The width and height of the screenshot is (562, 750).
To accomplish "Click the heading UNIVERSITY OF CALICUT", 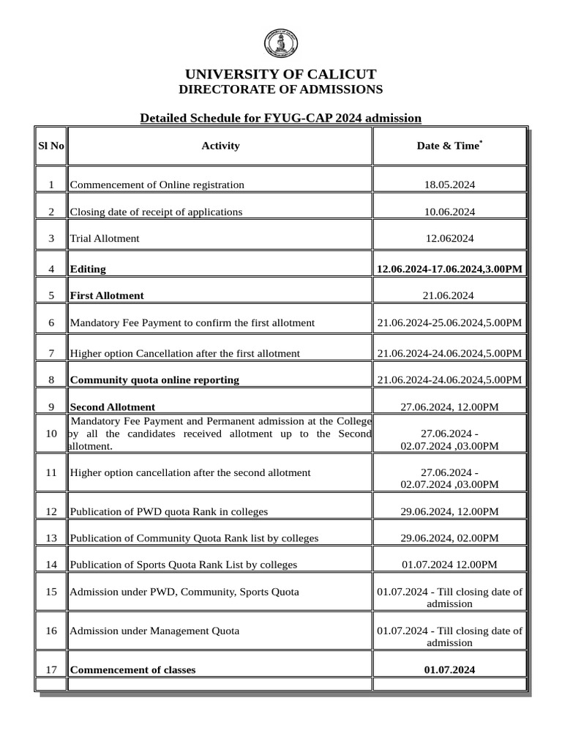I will pos(280,74).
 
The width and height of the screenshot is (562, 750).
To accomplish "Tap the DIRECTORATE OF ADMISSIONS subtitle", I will pos(280,89).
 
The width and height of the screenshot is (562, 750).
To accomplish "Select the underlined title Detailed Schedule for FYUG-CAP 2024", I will pos(280,118).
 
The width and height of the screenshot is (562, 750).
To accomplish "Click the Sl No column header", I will pos(50,146).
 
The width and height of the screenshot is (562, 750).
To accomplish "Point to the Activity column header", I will pos(220,146).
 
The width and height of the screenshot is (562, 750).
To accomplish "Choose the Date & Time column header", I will pos(449,146).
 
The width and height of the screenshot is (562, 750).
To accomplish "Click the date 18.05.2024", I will pos(449,185).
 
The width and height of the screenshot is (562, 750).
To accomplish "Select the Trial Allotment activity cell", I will pos(105,238).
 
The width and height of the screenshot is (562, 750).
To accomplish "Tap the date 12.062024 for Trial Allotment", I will pos(449,238).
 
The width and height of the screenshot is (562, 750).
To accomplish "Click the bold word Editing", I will pos(88,269).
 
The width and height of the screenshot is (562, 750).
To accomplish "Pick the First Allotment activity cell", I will pos(107,296).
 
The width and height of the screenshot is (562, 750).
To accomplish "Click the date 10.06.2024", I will pos(449,212).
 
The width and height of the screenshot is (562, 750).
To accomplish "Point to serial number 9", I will pos(50,406).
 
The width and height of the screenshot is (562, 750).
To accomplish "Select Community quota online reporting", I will pos(154,379).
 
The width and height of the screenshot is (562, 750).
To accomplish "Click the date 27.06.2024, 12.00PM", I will pos(449,406).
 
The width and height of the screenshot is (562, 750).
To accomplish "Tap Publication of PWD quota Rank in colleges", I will pos(169,511).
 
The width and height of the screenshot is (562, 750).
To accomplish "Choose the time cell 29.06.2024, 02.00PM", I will pos(449,538).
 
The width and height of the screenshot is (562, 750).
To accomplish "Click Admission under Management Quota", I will pos(154,630).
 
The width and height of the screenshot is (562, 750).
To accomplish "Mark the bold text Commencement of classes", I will pos(132,669).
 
